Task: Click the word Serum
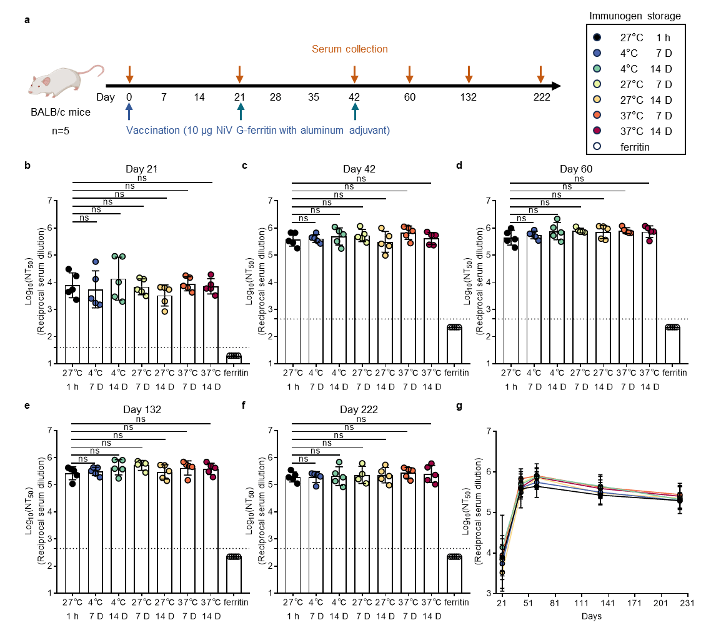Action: (x=326, y=49)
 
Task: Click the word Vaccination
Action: (x=153, y=130)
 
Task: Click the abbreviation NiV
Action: (x=225, y=130)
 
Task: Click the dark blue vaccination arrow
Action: (x=129, y=111)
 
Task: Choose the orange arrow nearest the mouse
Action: (x=129, y=74)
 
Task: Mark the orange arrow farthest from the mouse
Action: (x=540, y=74)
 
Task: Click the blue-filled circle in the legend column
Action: (x=597, y=53)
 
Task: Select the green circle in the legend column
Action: (x=597, y=69)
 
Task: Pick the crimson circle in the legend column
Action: (x=597, y=130)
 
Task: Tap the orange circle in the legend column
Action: (x=597, y=115)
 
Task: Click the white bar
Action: (x=95, y=531)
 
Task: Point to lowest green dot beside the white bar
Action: (x=118, y=478)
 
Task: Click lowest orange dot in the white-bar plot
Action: (x=187, y=480)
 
